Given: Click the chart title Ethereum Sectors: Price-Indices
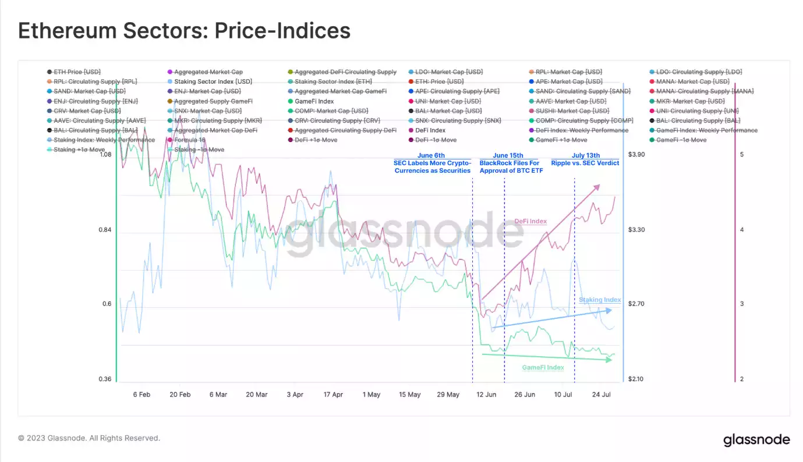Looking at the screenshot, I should [x=184, y=30].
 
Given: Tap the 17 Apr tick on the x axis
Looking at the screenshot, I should [x=333, y=395].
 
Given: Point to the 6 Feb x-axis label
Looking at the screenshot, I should [x=142, y=395].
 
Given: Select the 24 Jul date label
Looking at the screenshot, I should [x=601, y=395].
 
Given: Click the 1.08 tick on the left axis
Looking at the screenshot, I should [x=105, y=155].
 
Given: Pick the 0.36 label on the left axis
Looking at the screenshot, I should [x=105, y=379].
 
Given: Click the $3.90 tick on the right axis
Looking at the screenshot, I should [x=636, y=155].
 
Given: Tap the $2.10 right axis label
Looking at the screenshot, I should [x=636, y=379].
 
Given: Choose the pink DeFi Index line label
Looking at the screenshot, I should [x=530, y=221].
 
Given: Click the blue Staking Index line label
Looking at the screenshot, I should [x=599, y=300].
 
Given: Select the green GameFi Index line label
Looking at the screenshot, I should [x=543, y=368].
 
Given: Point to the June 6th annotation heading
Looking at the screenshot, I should [x=431, y=155].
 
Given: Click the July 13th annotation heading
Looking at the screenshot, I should [x=585, y=155].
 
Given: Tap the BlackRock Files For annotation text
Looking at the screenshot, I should [x=511, y=163].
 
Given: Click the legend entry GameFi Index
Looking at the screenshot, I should [x=314, y=101].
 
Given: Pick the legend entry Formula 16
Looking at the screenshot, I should [x=190, y=140].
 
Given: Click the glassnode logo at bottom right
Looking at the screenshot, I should [x=756, y=440].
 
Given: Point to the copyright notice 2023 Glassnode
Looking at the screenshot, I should [x=89, y=438].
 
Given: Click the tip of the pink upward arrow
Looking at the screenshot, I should [x=599, y=185].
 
